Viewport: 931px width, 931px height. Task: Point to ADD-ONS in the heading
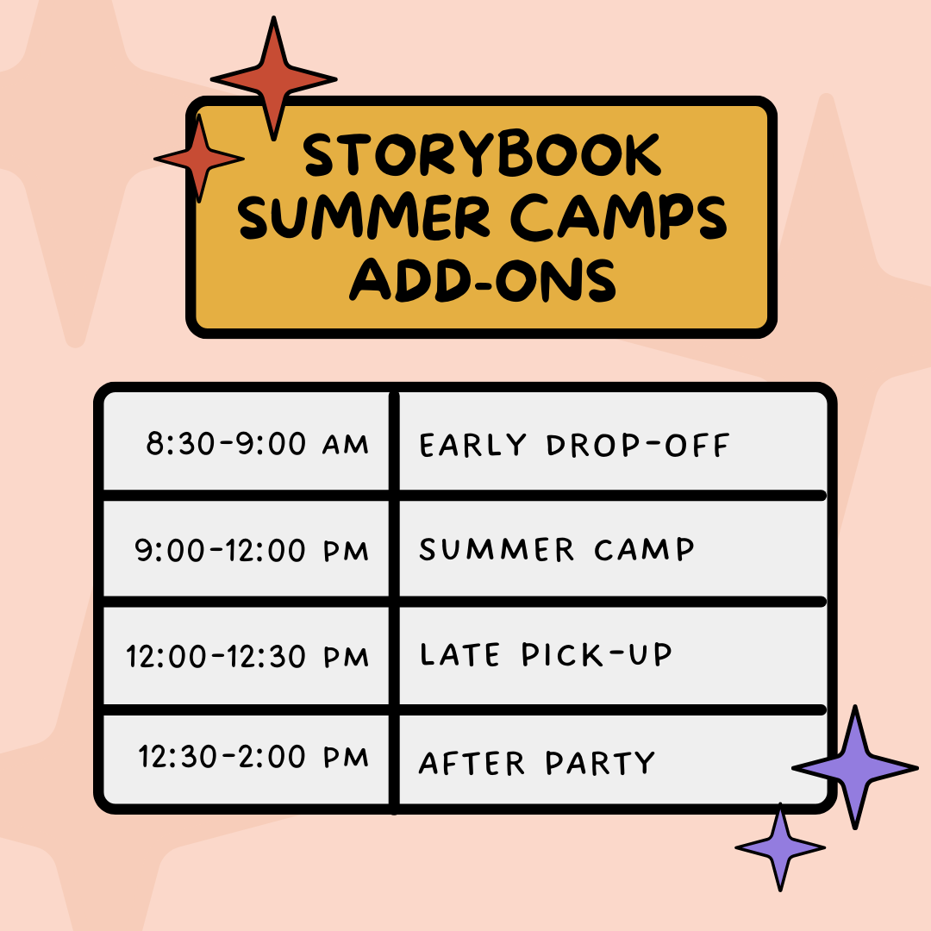[x=482, y=279]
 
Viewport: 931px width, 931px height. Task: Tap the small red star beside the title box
[x=199, y=159]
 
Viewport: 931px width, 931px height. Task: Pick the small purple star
[x=780, y=848]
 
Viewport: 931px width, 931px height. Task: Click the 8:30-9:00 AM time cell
[x=257, y=445]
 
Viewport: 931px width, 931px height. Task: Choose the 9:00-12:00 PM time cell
[x=252, y=550]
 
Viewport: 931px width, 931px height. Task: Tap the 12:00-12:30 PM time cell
[x=247, y=657]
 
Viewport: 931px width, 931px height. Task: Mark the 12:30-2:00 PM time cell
[x=253, y=758]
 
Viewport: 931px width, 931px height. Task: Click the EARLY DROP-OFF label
[x=574, y=446]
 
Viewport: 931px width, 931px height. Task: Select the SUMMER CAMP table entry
[x=557, y=550]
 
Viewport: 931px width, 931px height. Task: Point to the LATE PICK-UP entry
[x=545, y=656]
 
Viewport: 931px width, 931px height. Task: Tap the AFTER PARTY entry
[x=537, y=763]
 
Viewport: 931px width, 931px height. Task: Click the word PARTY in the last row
[x=600, y=763]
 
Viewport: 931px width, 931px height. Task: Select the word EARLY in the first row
[x=472, y=446]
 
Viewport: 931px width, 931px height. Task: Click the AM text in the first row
[x=345, y=446]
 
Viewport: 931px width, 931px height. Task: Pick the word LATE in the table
[x=460, y=656]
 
